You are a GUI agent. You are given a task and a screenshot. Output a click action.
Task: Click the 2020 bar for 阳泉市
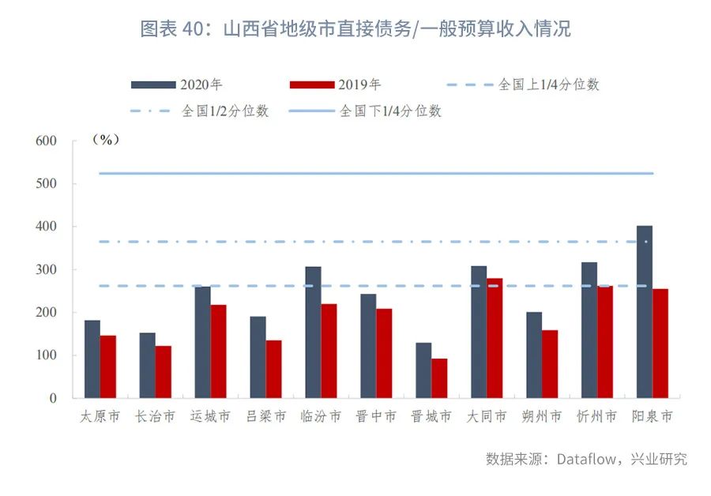pos(644,312)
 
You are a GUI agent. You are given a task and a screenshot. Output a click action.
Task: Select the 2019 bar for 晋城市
pos(439,378)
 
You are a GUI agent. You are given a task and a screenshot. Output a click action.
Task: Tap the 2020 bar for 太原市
pos(92,359)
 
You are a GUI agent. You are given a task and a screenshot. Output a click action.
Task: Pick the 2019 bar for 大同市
pos(495,338)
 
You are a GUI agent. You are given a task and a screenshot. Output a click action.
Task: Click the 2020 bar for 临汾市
pos(313,333)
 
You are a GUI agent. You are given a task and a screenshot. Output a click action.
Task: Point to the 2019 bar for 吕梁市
pos(273,369)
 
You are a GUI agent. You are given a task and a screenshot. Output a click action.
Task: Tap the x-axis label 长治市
pos(155,416)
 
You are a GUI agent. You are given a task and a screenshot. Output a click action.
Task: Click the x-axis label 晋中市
pos(376,416)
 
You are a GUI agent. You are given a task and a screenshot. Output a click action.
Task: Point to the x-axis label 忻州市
pos(596,416)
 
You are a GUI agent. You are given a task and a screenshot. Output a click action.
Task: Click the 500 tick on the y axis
pos(47,184)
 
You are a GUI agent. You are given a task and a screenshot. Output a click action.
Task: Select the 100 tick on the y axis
pos(47,355)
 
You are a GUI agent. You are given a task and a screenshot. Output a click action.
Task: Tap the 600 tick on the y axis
pos(47,141)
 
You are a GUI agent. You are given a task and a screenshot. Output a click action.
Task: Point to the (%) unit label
pos(105,140)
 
